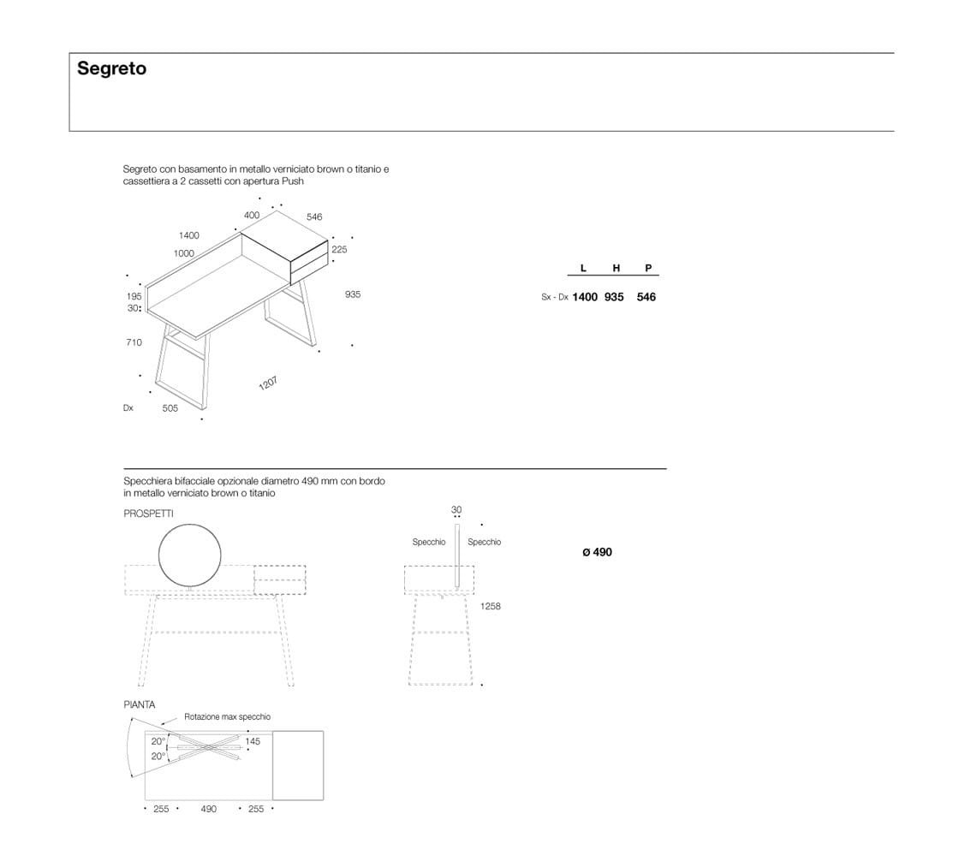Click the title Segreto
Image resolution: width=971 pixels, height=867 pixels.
point(111,68)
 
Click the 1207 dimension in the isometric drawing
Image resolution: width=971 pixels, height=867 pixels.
point(268,383)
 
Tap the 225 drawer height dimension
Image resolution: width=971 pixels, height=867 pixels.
point(339,250)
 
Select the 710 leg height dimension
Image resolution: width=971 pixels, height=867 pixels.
point(134,342)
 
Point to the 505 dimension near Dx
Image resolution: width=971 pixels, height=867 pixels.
point(170,408)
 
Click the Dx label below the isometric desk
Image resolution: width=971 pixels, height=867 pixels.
point(128,408)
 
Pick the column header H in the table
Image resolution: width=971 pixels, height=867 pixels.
point(616,268)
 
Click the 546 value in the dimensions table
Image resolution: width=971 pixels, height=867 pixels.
point(646,297)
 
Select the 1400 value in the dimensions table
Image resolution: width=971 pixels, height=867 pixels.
point(585,297)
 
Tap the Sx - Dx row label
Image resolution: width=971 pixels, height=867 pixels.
point(555,297)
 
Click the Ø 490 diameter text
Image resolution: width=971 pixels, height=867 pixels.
point(597,552)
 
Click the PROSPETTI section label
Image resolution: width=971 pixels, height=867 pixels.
point(148,514)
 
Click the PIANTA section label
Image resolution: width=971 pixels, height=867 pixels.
point(140,704)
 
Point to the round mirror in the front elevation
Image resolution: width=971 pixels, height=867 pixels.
point(190,555)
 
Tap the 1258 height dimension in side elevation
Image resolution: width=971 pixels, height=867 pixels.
point(491,606)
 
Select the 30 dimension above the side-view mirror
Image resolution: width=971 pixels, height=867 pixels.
point(456,510)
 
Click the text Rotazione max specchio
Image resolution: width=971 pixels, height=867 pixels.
point(227,716)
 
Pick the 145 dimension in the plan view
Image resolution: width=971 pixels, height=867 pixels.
point(253,741)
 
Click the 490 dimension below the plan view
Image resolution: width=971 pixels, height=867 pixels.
point(208,809)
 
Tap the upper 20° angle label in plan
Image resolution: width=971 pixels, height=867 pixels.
point(158,741)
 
